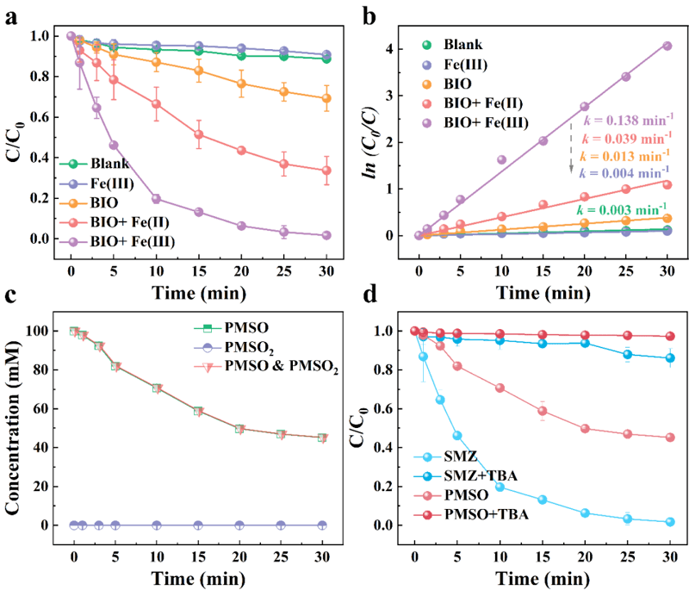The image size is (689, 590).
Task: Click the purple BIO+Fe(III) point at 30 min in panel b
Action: pos(667,46)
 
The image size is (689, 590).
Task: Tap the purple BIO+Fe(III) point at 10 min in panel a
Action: pos(156,198)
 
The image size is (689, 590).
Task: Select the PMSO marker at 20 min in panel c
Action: pos(240,429)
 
